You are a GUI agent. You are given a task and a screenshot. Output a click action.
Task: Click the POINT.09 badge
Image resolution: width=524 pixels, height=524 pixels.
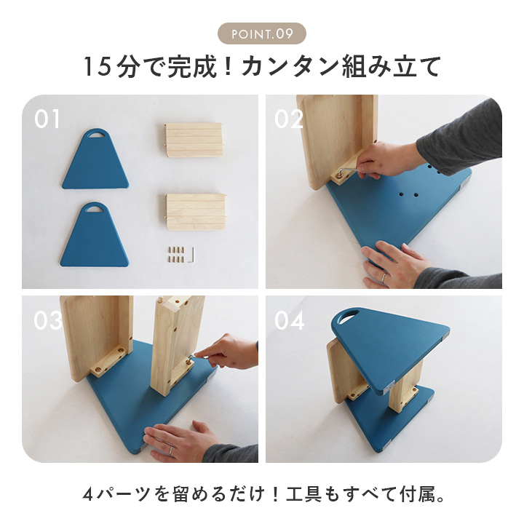[x=262, y=33]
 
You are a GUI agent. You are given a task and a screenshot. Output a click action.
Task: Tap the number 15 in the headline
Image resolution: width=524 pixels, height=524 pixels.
[x=97, y=67]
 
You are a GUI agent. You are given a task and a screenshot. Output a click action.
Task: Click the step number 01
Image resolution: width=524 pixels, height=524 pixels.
[x=47, y=119]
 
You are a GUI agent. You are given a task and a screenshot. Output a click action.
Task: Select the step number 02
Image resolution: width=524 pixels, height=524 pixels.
[x=288, y=119]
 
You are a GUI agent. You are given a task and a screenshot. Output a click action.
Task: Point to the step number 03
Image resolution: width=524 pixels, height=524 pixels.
[x=48, y=320]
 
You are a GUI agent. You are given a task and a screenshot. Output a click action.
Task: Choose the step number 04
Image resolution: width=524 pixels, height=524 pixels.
[x=290, y=320]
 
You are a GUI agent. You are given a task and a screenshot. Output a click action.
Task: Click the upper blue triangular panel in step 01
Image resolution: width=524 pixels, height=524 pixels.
[x=95, y=159]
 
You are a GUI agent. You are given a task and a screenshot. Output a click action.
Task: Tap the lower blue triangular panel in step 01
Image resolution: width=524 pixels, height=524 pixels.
[x=95, y=234]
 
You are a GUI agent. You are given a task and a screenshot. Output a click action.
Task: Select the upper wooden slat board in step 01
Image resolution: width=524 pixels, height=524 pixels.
[x=194, y=140]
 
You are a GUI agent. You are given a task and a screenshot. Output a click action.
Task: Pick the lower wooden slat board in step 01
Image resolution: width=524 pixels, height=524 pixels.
[x=196, y=212]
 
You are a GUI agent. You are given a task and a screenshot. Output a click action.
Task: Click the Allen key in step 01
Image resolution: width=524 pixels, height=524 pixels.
[x=191, y=255]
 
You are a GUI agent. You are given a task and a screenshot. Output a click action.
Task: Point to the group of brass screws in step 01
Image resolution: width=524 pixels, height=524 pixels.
[x=176, y=254]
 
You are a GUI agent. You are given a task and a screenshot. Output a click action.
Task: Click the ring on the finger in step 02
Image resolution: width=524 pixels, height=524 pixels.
[x=384, y=277]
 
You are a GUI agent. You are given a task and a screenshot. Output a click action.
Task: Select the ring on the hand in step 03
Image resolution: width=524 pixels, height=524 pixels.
[x=171, y=450]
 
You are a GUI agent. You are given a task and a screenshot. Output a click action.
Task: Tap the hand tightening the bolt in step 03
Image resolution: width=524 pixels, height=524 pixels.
[x=227, y=352]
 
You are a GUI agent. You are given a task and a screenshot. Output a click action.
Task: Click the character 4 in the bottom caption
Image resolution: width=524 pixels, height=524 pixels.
[x=88, y=495]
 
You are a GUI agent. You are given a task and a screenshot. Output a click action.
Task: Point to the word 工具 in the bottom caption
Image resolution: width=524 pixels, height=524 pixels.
[x=303, y=495]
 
